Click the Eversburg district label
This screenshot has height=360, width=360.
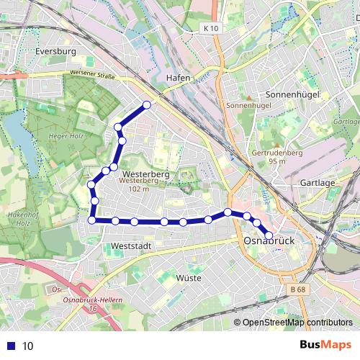(55, 52)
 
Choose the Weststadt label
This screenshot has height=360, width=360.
(132, 246)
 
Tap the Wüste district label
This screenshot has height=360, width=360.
(188, 277)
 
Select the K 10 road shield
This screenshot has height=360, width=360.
(210, 27)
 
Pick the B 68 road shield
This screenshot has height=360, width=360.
(298, 289)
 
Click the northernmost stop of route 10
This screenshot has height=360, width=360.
(147, 105)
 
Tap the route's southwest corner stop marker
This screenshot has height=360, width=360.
(92, 220)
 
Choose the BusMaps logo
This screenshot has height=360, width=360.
(325, 345)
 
